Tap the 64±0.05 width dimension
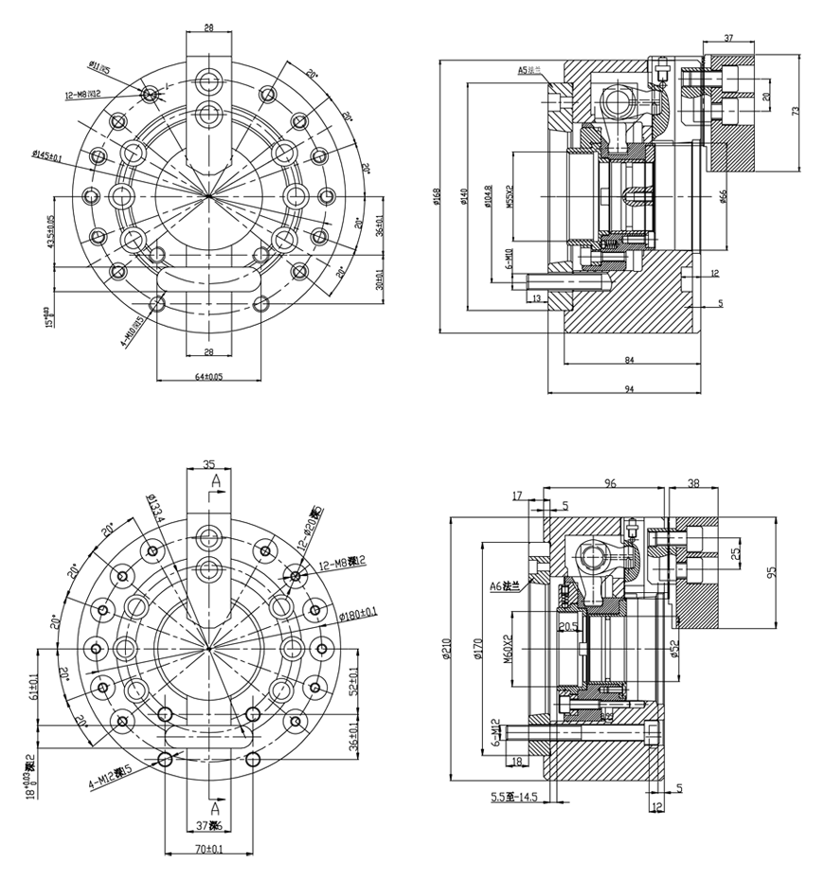click(x=209, y=376)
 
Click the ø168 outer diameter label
click(x=437, y=197)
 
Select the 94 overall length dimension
click(x=629, y=388)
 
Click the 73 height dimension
click(x=797, y=111)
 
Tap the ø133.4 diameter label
click(x=156, y=509)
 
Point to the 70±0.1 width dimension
click(x=209, y=850)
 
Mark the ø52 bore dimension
click(x=674, y=649)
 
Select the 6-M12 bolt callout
click(x=494, y=731)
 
